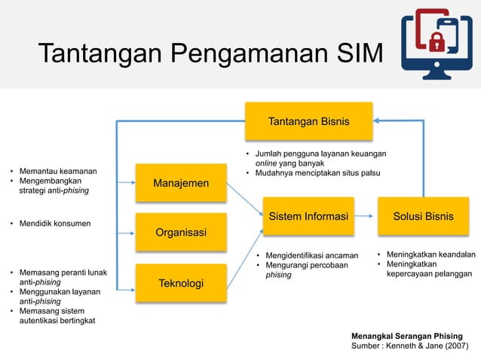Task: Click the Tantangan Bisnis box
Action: coord(308,122)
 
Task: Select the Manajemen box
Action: coord(181,183)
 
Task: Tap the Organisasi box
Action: coord(181,232)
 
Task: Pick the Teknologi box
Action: coord(181,282)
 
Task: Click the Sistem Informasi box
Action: coord(308,217)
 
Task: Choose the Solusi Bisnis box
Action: coord(423,217)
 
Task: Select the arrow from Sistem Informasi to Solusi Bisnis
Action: coord(363,217)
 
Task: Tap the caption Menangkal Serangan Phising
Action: coord(407,335)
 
